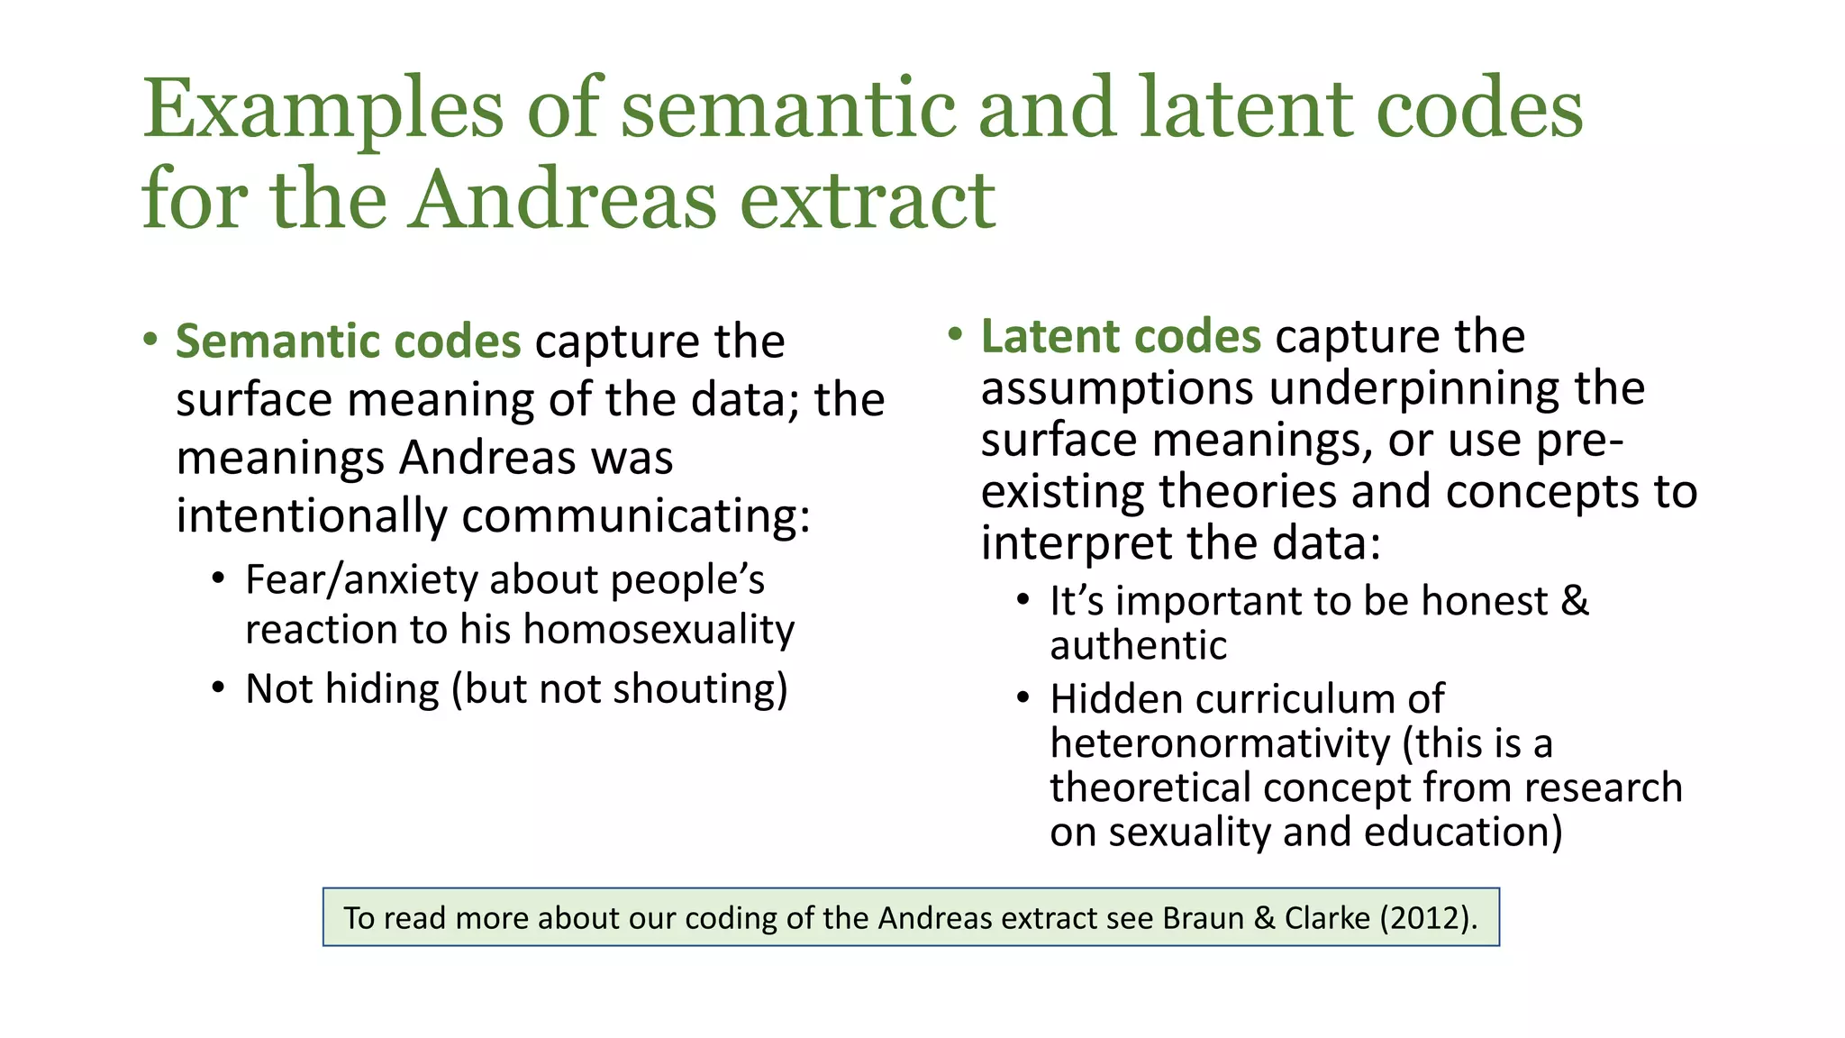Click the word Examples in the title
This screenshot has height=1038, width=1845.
[x=323, y=110]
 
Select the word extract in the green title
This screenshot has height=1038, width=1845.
[x=868, y=199]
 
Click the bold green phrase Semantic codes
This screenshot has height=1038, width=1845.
[x=348, y=341]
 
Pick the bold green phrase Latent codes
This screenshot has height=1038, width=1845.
[x=1121, y=337]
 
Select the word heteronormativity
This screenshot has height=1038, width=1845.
[x=1220, y=744]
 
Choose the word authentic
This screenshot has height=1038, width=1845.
[x=1138, y=646]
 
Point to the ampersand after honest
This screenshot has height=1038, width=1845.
[x=1574, y=601]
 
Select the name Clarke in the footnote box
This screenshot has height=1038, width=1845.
[x=1327, y=918]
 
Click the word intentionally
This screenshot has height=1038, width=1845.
[x=312, y=516]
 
